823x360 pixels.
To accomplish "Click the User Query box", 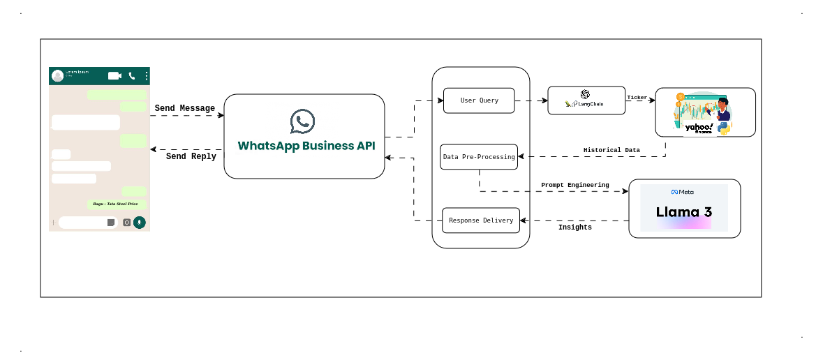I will pos(479,100).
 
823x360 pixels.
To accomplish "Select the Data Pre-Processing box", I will pos(479,157).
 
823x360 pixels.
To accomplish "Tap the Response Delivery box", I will pos(481,220).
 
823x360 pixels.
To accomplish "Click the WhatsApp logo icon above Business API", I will pos(303,121).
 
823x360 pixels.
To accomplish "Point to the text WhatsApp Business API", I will pos(306,146).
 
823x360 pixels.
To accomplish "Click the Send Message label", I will pos(184,108).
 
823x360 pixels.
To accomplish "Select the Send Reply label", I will pos(191,156).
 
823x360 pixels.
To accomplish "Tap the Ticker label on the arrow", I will pos(637,97).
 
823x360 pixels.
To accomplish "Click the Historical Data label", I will pos(611,150).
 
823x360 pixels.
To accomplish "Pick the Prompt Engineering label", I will pos(574,185).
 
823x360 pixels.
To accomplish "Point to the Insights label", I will pos(574,227).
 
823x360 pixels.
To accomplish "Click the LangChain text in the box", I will pos(591,105).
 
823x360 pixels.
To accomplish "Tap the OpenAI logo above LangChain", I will pos(585,94).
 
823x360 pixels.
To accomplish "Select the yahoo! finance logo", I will pos(698,128).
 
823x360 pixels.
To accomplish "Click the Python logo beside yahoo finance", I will pos(724,128).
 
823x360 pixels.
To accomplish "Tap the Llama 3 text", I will pos(683,212).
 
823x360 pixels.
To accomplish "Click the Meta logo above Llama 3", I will pos(683,192).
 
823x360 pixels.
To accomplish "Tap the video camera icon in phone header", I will pos(114,75).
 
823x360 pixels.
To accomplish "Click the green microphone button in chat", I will pos(140,222).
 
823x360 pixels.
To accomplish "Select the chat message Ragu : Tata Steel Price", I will pos(116,204).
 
